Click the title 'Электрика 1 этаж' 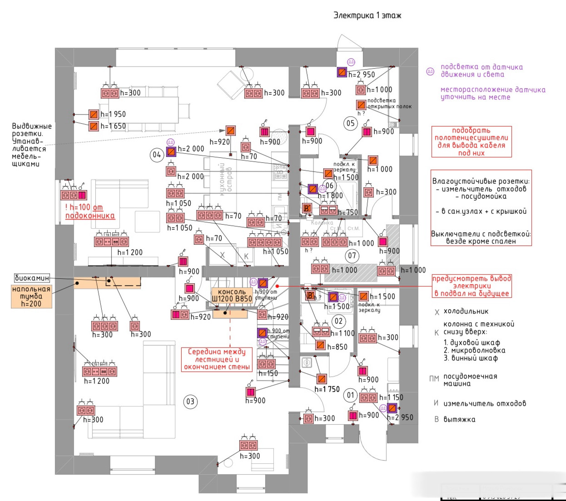coord(367,15)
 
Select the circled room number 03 coord(190,401)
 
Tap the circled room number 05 coord(350,123)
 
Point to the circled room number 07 coord(352,256)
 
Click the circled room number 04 coord(157,155)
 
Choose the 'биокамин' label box coord(32,278)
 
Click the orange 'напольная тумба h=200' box coord(31,296)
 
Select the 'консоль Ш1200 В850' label coord(232,296)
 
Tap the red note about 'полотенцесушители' coord(471,142)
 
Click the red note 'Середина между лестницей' coord(217,359)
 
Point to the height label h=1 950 coord(113,114)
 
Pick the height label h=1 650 coord(113,126)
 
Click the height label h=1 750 coord(327,389)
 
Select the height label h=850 coord(337,347)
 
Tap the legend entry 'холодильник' coord(466,312)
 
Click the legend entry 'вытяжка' coord(459,419)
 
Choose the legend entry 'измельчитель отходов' coord(484,403)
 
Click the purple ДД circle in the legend coord(430,71)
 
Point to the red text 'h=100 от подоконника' coord(89,212)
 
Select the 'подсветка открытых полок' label coord(389,103)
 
